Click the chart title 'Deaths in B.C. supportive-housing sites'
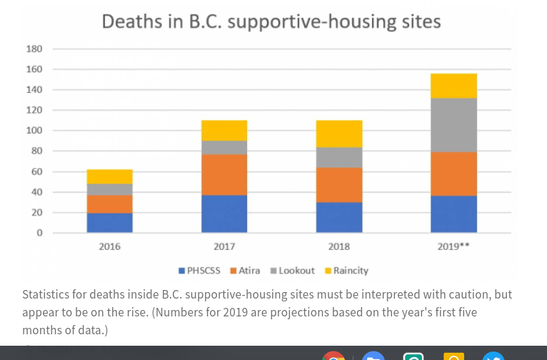pos(271,21)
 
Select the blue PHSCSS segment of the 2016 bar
pos(110,222)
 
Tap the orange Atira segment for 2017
pos(224,175)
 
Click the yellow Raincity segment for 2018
pos(339,134)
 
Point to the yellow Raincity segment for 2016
pos(110,176)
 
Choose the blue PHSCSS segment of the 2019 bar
pos(453,214)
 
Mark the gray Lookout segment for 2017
pos(224,147)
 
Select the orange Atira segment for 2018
pos(339,185)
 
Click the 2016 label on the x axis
pos(110,246)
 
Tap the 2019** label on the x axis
pos(453,246)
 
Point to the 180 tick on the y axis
pos(34,49)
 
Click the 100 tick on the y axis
pos(34,131)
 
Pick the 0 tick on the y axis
pos(39,233)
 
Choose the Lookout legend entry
pos(292,271)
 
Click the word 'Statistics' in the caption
pos(49,294)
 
